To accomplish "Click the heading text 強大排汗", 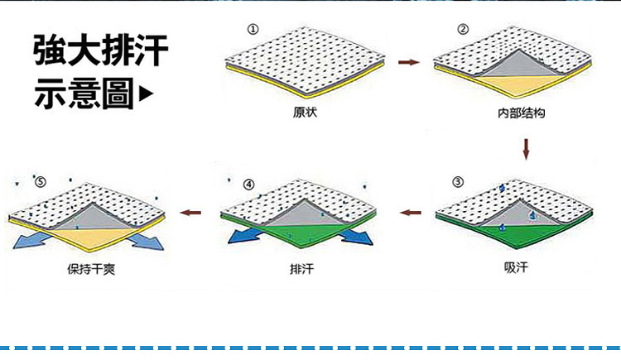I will (100, 51).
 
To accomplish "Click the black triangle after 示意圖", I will (148, 95).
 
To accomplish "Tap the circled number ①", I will (253, 29).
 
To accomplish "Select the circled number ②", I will (463, 29).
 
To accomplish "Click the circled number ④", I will (249, 184).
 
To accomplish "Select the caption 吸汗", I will (515, 267).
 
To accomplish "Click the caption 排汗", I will (301, 269).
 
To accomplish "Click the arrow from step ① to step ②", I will (407, 62).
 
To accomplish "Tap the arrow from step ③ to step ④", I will (410, 213).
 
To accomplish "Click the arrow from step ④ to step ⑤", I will (191, 213).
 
